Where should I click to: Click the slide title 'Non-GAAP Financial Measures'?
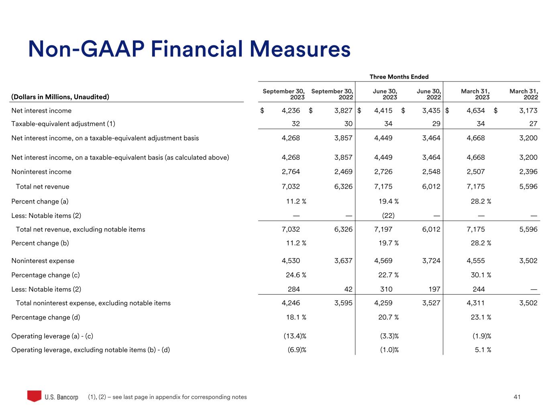189,49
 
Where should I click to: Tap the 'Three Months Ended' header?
399,77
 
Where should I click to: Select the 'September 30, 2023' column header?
283,94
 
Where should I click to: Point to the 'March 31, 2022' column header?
524,94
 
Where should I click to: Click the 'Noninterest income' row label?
41,172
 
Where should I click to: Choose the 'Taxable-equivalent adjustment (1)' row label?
63,124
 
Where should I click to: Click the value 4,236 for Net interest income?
291,111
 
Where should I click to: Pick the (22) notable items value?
388,216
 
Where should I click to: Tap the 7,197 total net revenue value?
383,230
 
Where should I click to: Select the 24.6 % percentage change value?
296,275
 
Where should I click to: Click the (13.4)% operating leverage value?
295,336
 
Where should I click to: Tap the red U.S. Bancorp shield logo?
34,396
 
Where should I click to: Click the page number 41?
517,397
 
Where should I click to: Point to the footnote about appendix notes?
167,397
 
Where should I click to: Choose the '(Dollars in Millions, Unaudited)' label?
60,97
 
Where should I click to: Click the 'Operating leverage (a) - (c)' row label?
52,336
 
